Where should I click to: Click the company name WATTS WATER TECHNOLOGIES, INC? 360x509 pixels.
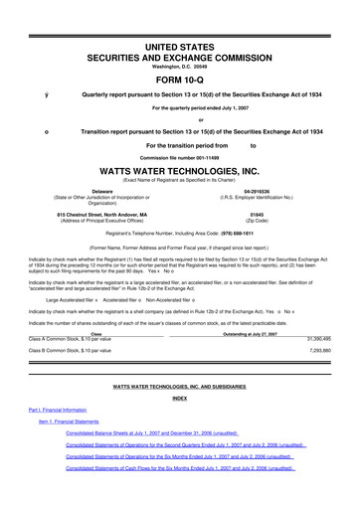click(179, 169)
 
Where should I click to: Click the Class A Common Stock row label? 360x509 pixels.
click(67, 339)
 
